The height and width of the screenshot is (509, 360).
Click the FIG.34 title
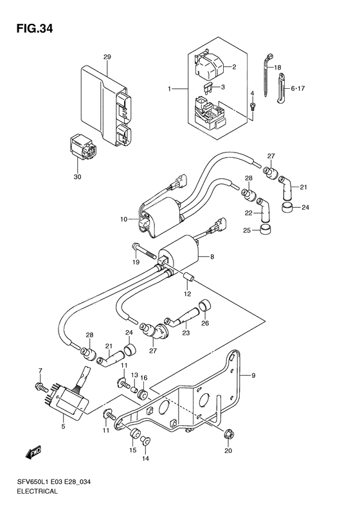34,29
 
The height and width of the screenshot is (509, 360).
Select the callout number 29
107,57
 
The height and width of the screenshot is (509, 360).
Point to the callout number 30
78,177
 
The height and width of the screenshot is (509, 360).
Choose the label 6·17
298,88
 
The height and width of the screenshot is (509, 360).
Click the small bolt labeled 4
253,106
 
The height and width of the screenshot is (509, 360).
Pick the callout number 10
124,219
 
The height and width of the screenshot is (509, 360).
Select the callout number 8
212,257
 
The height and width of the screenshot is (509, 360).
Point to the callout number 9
253,376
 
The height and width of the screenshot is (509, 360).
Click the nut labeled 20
230,434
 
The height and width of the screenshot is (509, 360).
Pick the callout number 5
63,426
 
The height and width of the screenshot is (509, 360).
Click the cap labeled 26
205,306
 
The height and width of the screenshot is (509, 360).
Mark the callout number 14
145,458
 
